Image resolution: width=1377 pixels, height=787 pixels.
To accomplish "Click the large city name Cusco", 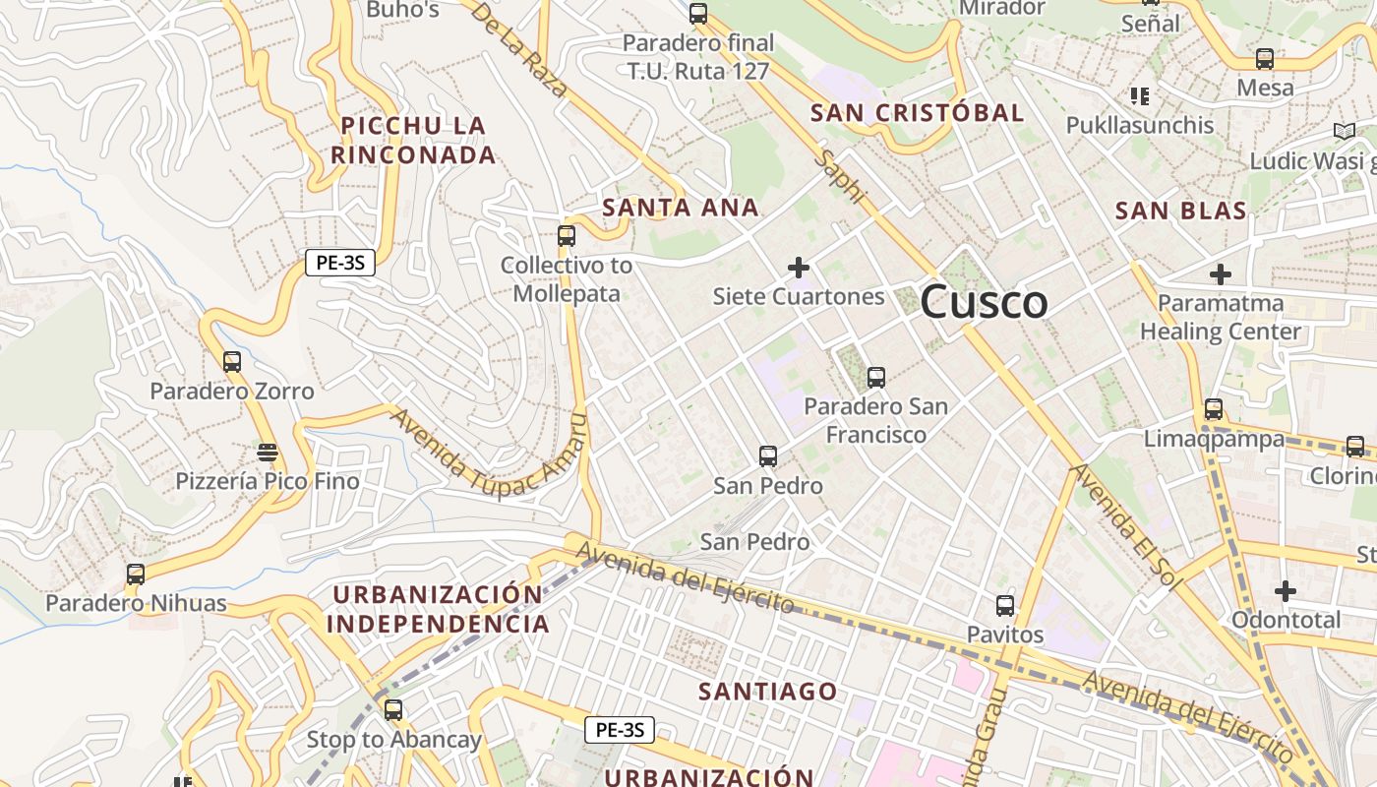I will pos(984,301).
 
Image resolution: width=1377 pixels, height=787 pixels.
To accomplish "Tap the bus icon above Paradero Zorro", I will pos(232,361).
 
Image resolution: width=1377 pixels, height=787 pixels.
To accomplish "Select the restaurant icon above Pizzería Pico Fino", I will pos(267,453).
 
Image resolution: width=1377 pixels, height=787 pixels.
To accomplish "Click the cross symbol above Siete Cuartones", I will pos(799,267).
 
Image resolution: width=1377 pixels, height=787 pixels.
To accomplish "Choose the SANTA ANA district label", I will pos(681,208).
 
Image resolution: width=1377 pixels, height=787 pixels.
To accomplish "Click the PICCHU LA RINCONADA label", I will pos(413,141).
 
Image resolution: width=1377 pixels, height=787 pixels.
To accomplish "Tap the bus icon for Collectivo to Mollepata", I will pos(566,235).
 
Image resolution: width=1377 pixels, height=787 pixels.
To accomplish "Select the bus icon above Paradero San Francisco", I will pos(875,377).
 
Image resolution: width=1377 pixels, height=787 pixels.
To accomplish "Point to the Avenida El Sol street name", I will pos(1125,525).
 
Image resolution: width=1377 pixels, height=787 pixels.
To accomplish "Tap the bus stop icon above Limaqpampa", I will pos(1214,408).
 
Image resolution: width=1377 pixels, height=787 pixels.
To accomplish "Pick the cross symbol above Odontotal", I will pos(1286,590).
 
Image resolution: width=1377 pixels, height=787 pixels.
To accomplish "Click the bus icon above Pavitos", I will pos(1004,605).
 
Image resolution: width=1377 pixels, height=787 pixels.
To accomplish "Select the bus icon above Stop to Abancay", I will pos(393,709).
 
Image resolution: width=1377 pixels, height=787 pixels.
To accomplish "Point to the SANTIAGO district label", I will pos(767,692).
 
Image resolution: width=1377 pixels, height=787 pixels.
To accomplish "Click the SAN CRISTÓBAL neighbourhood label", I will pos(917,113).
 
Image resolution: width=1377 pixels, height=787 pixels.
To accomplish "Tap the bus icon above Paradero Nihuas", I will pos(136,574).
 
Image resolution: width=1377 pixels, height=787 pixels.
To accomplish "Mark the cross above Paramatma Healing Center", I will pos(1221,273).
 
